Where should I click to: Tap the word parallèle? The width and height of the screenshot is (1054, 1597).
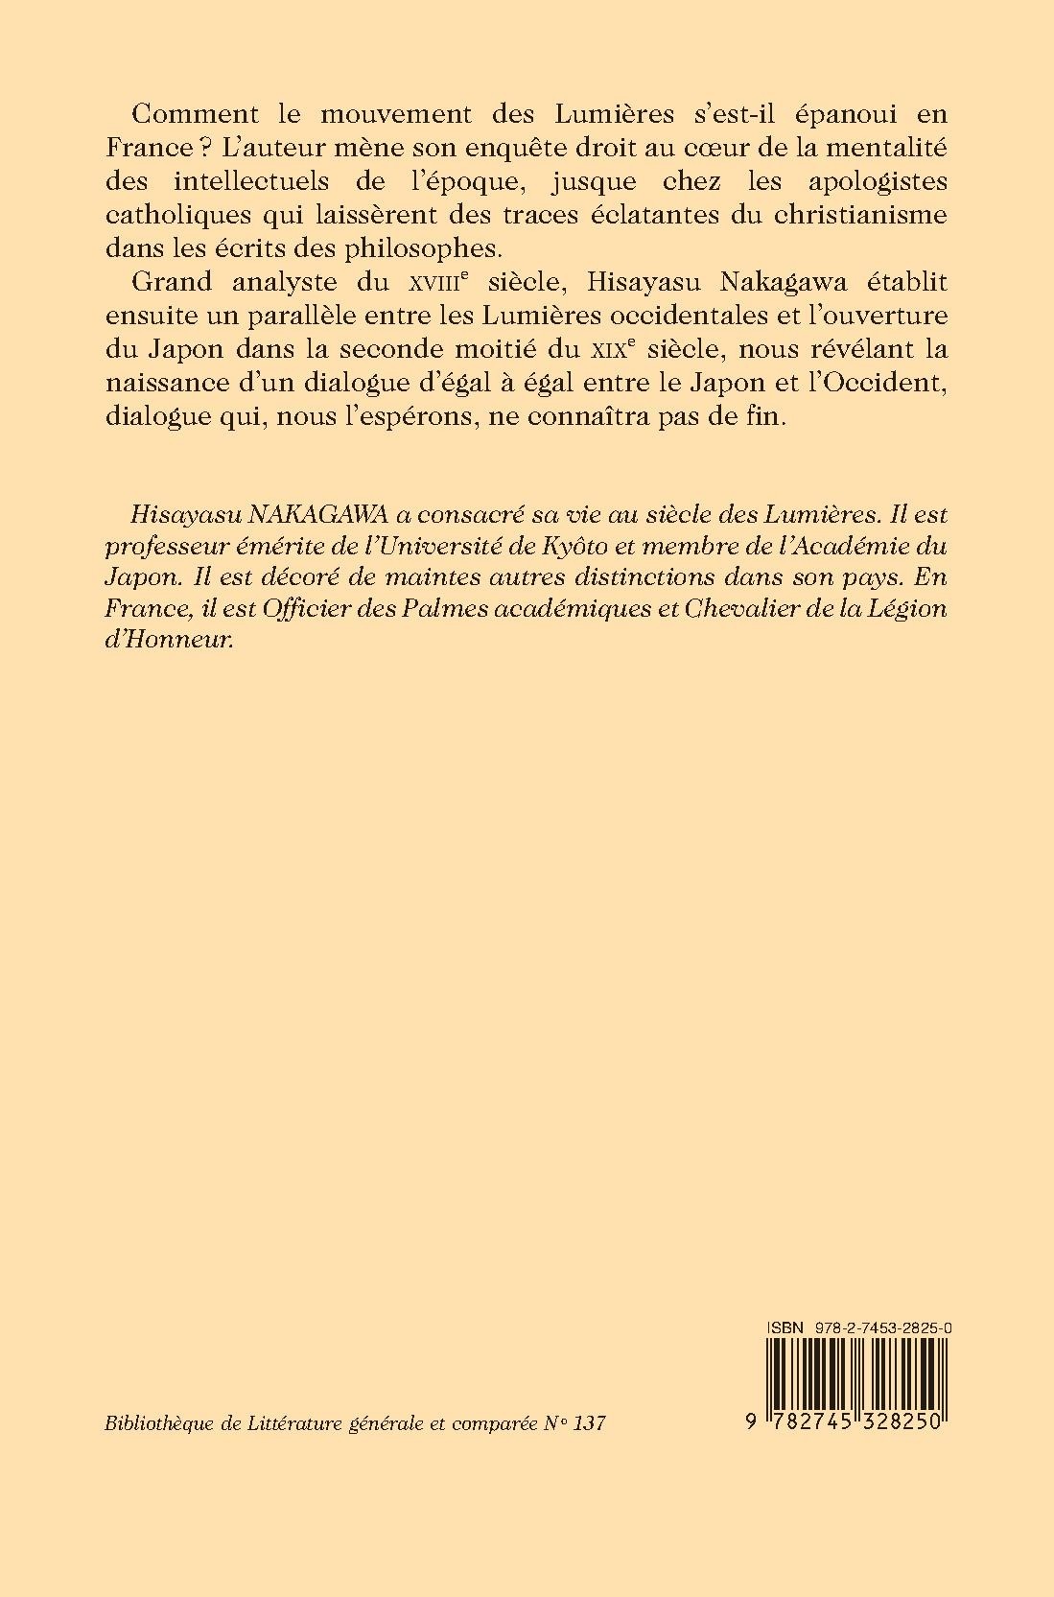(339, 316)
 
